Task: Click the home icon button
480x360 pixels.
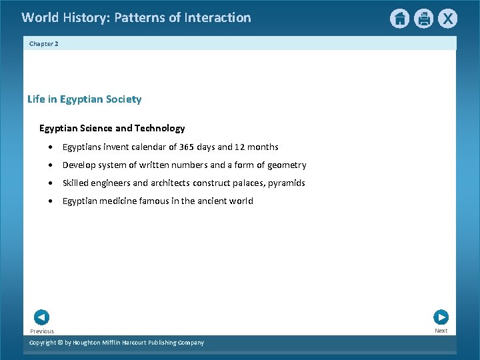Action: coord(399,19)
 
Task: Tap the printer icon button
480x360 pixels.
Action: coord(423,19)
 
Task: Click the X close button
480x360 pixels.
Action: coord(448,19)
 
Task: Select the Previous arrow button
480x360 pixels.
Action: coord(41,317)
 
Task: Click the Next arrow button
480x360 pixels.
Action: coord(441,317)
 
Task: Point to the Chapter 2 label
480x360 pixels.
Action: coord(44,43)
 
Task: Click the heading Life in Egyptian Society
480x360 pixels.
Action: coord(84,99)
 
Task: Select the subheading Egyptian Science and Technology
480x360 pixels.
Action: coord(112,128)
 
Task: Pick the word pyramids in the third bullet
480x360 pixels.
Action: coord(287,183)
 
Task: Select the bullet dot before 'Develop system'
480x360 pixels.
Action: coord(51,165)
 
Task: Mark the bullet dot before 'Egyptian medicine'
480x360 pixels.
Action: coord(51,201)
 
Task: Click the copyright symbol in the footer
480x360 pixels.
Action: coord(59,343)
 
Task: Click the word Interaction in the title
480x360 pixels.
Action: coord(219,17)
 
